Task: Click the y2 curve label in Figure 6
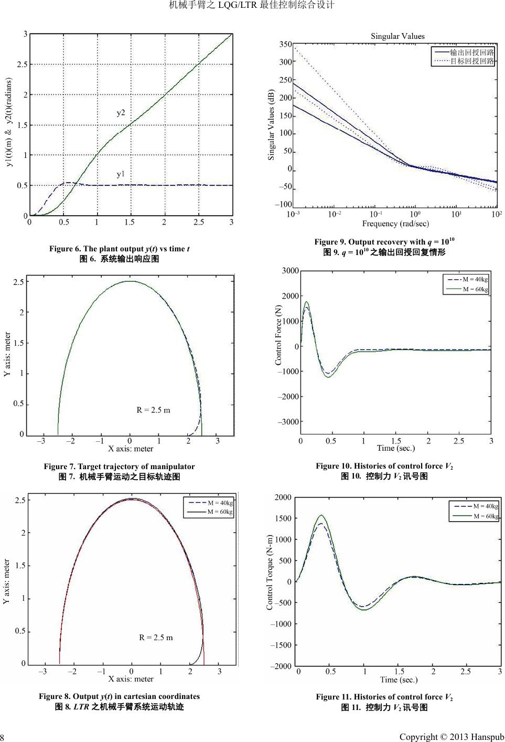121,113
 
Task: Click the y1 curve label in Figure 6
121,174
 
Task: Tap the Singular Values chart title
397,36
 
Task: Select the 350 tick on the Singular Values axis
285,45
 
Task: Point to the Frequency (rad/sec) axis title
395,224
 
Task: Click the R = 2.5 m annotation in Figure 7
153,410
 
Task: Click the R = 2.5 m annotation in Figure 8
156,638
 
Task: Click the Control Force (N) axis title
278,335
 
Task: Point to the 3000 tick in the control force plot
290,271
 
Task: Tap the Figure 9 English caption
384,242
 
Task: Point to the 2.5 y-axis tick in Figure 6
22,65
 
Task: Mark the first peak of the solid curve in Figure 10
307,302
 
